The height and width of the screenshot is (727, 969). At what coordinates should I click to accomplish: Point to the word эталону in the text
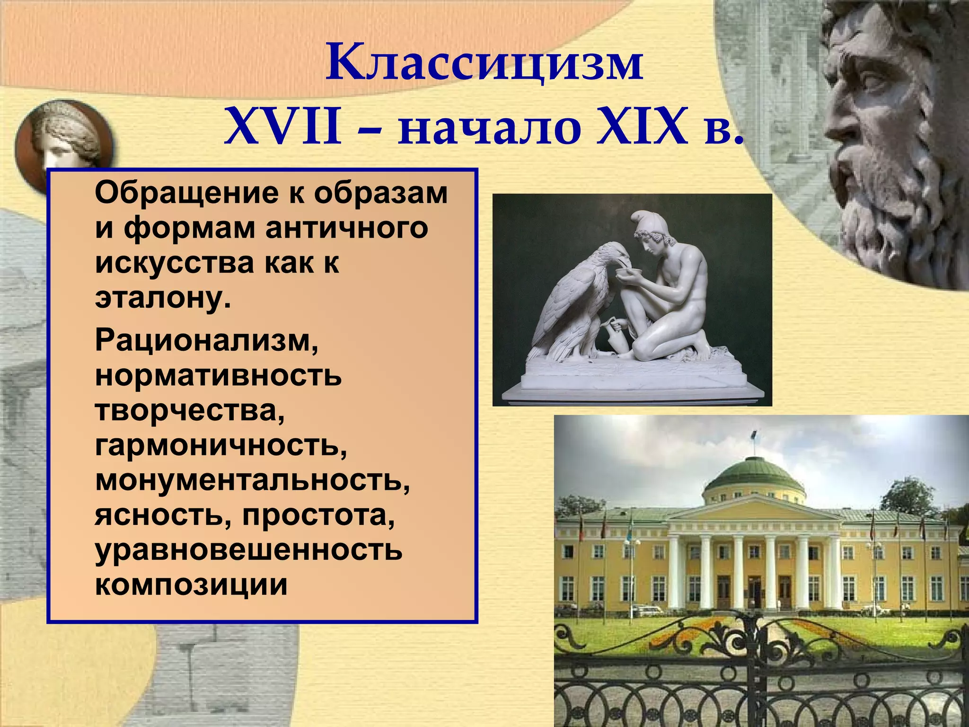tap(162, 298)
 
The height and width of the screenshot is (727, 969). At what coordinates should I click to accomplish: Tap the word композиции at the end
tap(191, 585)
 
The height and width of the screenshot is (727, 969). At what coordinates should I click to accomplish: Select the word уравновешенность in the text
tap(249, 550)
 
